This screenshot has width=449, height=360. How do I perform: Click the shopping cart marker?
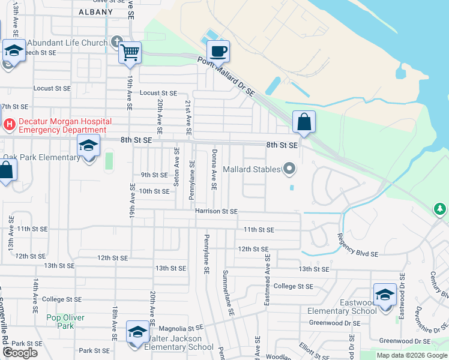click(x=130, y=53)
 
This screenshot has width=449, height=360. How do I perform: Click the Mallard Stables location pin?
click(x=290, y=169)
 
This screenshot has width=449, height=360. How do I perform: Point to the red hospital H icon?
click(x=9, y=125)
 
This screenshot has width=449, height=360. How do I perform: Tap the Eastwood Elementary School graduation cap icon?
click(x=385, y=295)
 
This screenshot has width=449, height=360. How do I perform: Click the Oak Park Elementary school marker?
click(x=89, y=146)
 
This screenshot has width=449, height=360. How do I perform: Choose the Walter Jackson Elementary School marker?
click(x=137, y=332)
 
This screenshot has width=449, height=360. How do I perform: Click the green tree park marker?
click(x=441, y=209)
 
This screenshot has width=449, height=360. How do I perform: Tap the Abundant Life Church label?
click(x=67, y=43)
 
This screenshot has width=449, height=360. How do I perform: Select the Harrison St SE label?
click(x=216, y=211)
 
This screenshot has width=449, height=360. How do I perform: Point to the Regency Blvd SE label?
click(x=358, y=245)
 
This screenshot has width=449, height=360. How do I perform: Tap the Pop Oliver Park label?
click(x=65, y=321)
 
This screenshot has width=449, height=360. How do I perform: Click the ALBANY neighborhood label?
click(x=95, y=12)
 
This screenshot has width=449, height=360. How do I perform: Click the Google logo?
click(x=19, y=353)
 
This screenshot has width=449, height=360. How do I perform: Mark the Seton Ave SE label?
click(x=176, y=166)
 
